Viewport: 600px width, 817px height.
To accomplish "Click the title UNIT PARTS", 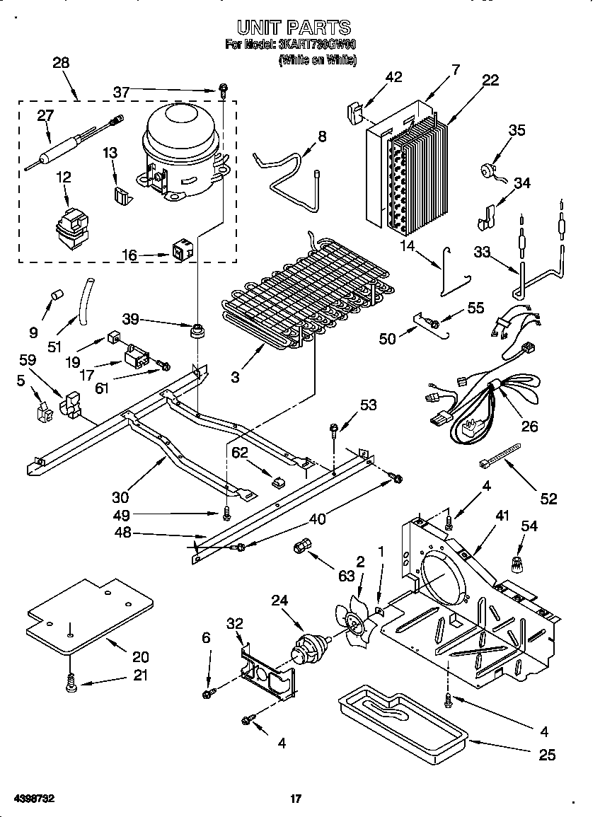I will point(293,28).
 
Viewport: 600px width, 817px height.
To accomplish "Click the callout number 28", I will point(61,63).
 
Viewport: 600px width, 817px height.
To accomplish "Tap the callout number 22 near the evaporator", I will point(490,81).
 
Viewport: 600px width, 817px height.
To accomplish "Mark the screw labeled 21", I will point(71,683).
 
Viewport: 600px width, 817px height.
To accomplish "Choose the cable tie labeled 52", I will point(499,453).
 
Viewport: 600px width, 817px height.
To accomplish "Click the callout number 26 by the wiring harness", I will point(529,426).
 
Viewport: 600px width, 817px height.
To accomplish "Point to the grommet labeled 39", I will point(197,330).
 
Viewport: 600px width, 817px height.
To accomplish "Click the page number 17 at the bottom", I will point(296,799).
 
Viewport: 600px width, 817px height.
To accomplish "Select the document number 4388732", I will point(34,799).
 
